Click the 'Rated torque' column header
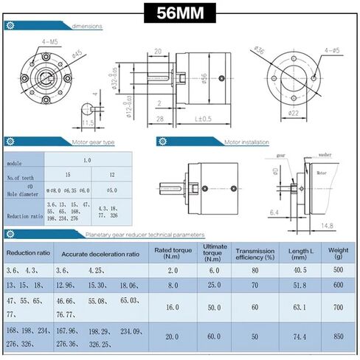coord(171,253)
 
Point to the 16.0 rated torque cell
coord(171,306)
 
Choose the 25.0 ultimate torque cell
coord(215,285)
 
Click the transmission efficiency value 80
coord(255,270)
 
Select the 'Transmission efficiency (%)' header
coord(255,253)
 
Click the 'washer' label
coord(325,156)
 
